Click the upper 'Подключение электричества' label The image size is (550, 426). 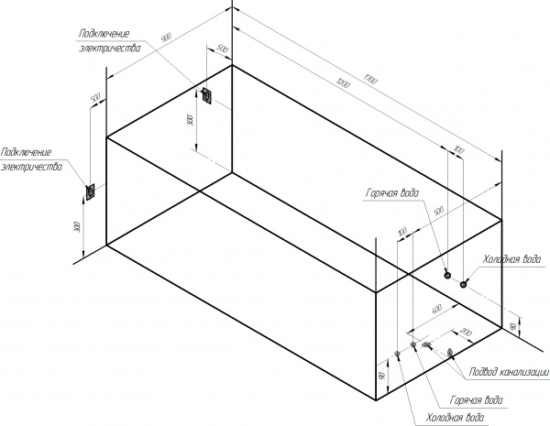coord(109,40)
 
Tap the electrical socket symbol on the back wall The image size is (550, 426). coord(208,96)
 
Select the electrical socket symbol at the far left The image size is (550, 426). coord(91,191)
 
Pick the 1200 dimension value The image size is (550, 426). coord(341,89)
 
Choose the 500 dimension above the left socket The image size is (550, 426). coord(94,97)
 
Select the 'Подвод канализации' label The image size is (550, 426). coord(508,372)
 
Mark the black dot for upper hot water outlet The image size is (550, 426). coord(447,275)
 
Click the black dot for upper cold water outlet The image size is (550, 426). coord(464,283)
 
